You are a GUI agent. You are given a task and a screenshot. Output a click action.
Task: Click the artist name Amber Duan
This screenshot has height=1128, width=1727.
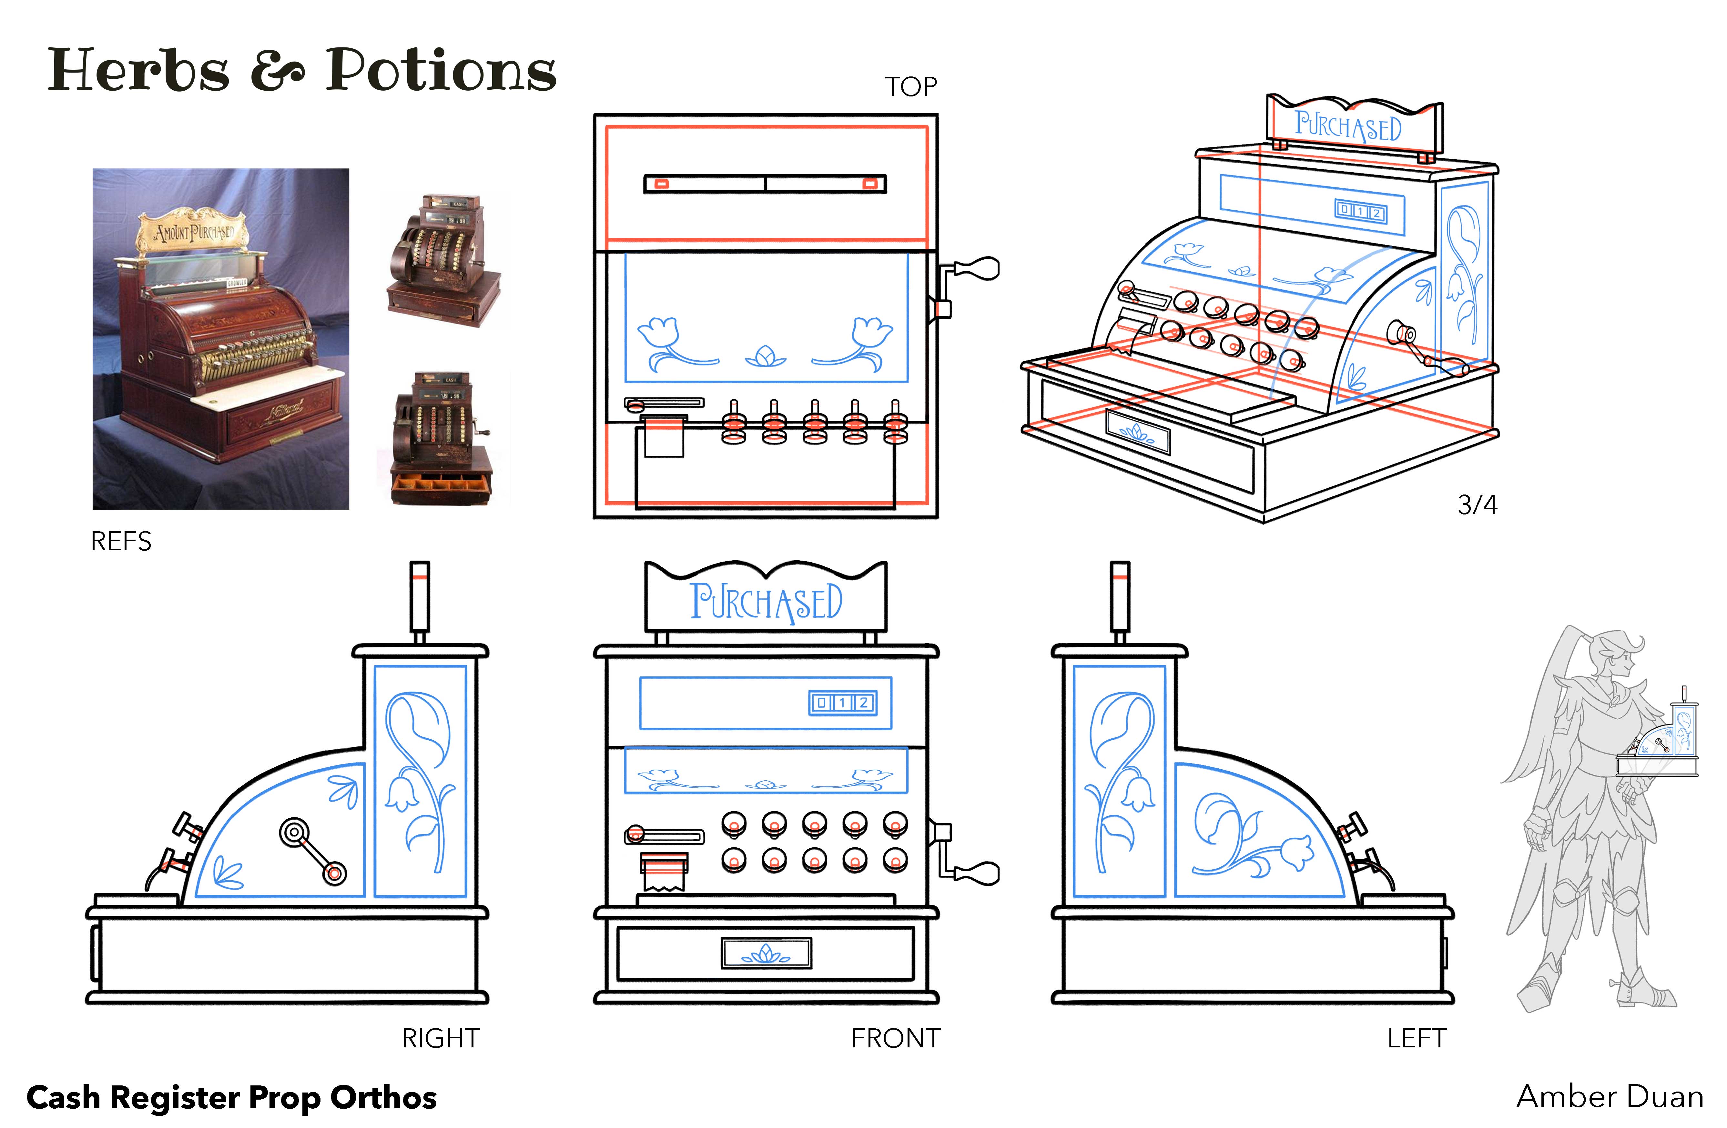click(1610, 1097)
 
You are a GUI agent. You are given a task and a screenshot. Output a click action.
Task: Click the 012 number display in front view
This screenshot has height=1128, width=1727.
click(842, 702)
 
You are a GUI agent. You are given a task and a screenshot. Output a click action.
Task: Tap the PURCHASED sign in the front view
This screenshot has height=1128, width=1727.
click(766, 602)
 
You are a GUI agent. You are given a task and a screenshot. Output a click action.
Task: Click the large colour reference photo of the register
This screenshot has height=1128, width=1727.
click(220, 339)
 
